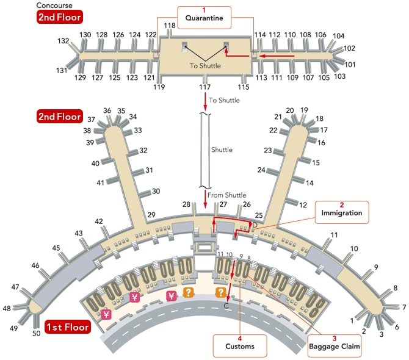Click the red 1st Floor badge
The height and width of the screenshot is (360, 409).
pyautogui.click(x=67, y=328)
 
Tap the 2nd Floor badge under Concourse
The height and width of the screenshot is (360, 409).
pyautogui.click(x=59, y=16)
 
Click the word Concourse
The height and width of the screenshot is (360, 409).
pyautogui.click(x=55, y=5)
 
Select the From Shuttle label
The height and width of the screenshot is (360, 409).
pyautogui.click(x=226, y=195)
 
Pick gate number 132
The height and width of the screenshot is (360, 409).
pyautogui.click(x=63, y=41)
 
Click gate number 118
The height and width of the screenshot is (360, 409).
pyautogui.click(x=170, y=25)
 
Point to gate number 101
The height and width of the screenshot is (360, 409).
pyautogui.click(x=350, y=64)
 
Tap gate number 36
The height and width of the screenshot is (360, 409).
pyautogui.click(x=107, y=111)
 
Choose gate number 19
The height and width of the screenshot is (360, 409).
pyautogui.click(x=304, y=110)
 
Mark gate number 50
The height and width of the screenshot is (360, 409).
pyautogui.click(x=36, y=333)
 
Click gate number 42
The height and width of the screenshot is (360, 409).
pyautogui.click(x=99, y=221)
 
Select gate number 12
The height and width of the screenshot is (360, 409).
pyautogui.click(x=303, y=204)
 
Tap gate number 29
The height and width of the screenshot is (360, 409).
pyautogui.click(x=151, y=214)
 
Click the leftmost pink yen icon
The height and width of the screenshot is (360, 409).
pyautogui.click(x=106, y=315)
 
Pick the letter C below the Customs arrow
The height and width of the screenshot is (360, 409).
pyautogui.click(x=227, y=306)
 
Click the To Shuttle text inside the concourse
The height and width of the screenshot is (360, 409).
pyautogui.click(x=205, y=66)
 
